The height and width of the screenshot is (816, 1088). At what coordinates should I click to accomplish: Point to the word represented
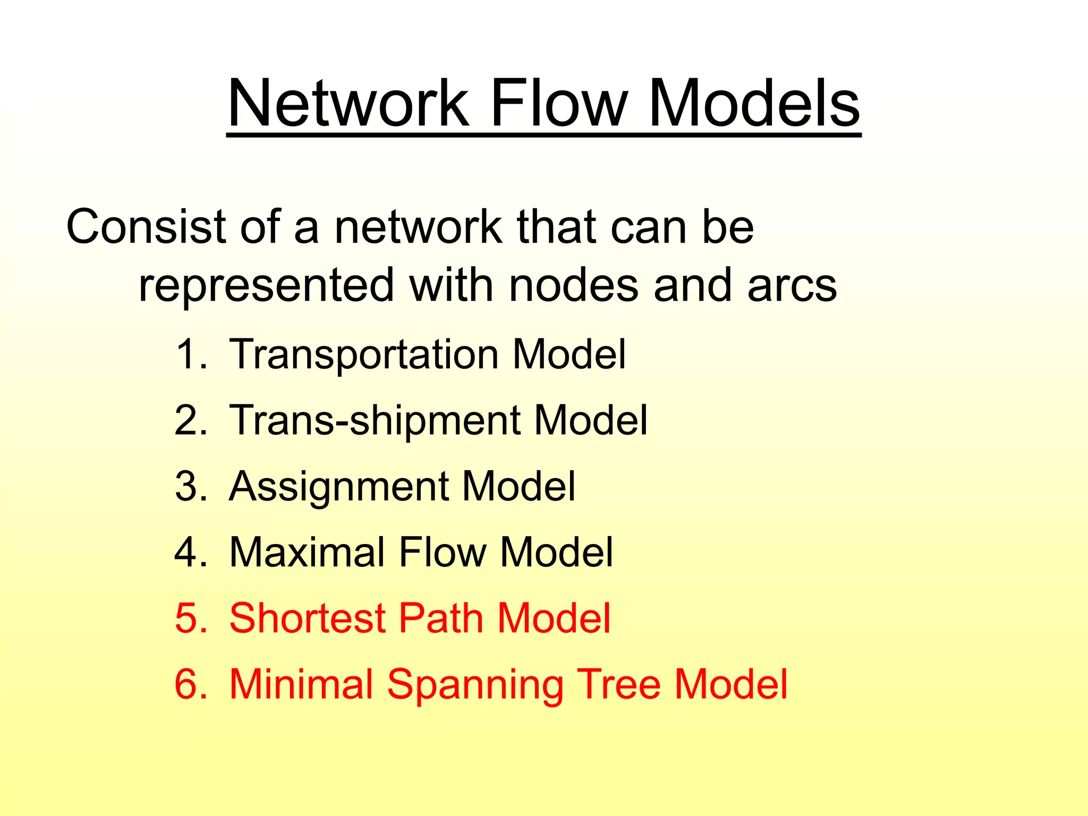click(x=266, y=285)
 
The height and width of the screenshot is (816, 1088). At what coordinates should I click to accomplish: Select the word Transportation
click(x=364, y=355)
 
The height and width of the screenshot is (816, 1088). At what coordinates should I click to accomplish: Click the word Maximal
click(x=307, y=552)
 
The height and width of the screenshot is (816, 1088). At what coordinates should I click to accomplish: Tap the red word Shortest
click(x=307, y=618)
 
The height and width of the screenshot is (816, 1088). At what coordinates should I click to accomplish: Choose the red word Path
click(x=441, y=618)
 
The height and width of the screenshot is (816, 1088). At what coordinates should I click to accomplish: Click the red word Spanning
click(x=474, y=685)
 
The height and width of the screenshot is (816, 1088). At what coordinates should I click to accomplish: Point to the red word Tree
click(x=618, y=684)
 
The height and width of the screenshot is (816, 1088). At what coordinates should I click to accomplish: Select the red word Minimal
click(x=301, y=684)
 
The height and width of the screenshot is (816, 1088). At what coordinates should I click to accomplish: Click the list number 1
click(x=191, y=355)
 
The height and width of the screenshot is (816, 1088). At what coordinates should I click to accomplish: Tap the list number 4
click(x=191, y=552)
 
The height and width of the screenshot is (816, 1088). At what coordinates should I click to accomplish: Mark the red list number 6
click(x=191, y=684)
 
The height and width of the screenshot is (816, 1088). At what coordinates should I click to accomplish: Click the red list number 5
click(x=191, y=618)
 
